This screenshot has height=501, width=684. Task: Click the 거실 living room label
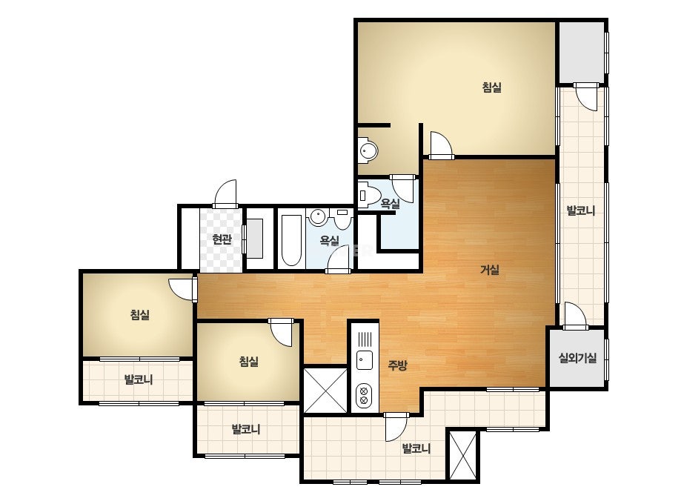pyautogui.click(x=489, y=270)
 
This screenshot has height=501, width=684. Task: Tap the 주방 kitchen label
pyautogui.click(x=397, y=365)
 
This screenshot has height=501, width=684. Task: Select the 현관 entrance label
pyautogui.click(x=222, y=239)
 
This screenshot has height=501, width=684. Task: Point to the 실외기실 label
pyautogui.click(x=577, y=358)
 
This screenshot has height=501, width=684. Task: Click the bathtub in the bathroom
pyautogui.click(x=291, y=240)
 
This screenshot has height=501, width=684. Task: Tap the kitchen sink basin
pyautogui.click(x=365, y=360)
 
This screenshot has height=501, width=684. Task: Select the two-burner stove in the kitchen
pyautogui.click(x=365, y=395)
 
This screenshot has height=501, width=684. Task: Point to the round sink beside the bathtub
pyautogui.click(x=318, y=217)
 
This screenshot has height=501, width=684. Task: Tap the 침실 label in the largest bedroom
pyautogui.click(x=491, y=87)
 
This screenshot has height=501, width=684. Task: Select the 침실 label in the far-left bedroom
pyautogui.click(x=140, y=314)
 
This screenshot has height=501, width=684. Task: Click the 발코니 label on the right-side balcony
pyautogui.click(x=580, y=210)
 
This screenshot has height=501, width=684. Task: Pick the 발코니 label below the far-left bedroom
pyautogui.click(x=139, y=379)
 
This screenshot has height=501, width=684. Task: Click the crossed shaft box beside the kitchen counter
pyautogui.click(x=325, y=391)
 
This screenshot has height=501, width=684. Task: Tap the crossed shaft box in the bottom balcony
pyautogui.click(x=463, y=455)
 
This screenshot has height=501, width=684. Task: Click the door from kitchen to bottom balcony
pyautogui.click(x=396, y=427)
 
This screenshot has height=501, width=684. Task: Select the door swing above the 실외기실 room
pyautogui.click(x=575, y=315)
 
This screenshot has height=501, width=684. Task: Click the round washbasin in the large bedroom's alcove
pyautogui.click(x=368, y=150)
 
